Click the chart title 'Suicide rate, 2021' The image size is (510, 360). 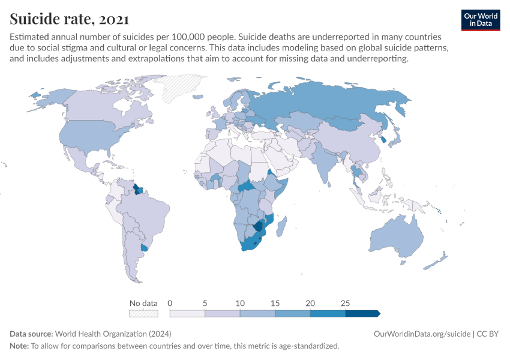tap(68, 20)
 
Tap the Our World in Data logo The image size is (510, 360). tap(480, 20)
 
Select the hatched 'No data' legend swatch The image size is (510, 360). tap(143, 313)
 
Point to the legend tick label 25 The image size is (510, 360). tap(346, 303)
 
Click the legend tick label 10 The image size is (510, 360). tap(240, 303)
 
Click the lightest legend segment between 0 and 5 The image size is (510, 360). tap(187, 313)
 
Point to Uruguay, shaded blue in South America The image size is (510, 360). tap(143, 248)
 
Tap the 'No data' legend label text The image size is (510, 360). tap(143, 303)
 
